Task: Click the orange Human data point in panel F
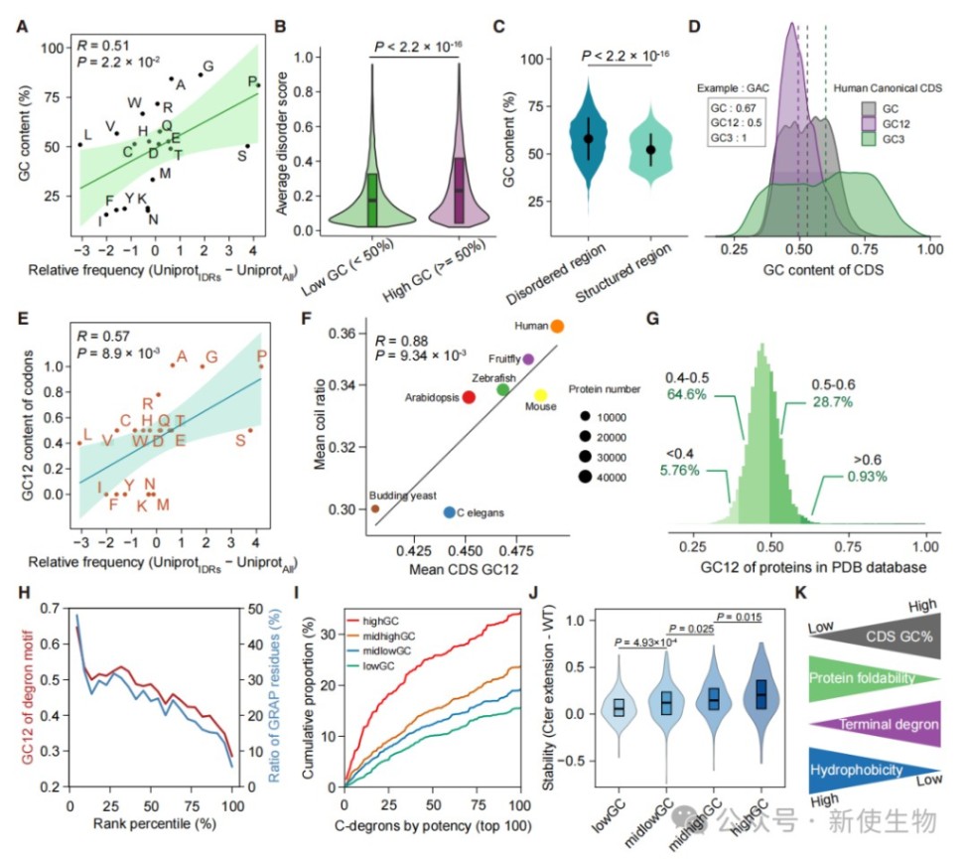(557, 326)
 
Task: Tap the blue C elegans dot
(450, 512)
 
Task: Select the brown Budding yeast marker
(375, 508)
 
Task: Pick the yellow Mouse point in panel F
(540, 395)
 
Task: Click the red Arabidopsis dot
(469, 397)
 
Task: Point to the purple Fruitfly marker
(528, 358)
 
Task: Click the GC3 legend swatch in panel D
(869, 139)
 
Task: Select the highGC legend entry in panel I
(373, 621)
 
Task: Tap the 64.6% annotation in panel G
(686, 394)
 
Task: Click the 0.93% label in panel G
(867, 476)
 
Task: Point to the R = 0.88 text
(401, 341)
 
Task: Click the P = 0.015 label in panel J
(740, 617)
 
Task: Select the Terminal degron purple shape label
(888, 725)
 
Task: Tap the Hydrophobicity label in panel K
(856, 770)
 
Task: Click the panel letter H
(24, 593)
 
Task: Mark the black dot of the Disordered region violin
(589, 139)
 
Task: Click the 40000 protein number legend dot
(585, 477)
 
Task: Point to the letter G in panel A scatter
(208, 66)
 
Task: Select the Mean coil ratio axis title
(320, 424)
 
